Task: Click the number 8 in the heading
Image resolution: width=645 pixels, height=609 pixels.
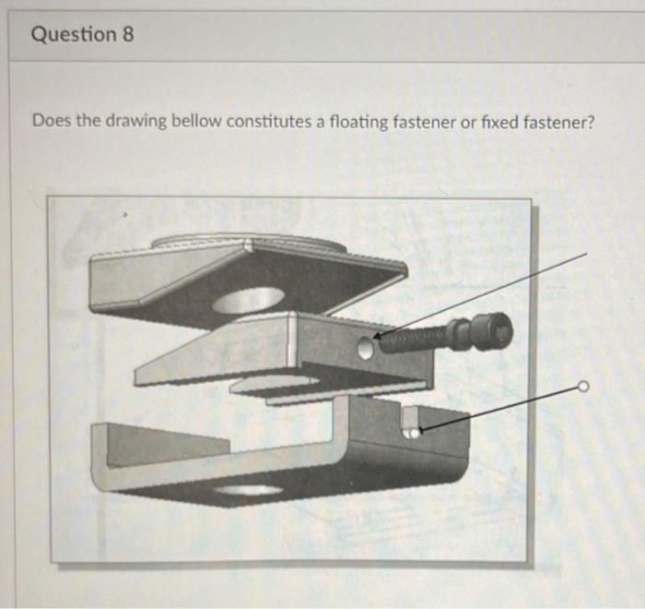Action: (x=127, y=35)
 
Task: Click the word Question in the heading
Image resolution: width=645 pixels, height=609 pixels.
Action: (x=73, y=35)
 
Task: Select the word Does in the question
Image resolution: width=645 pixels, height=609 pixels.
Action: (x=51, y=122)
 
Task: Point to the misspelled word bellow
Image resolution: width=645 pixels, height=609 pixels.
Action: (x=196, y=122)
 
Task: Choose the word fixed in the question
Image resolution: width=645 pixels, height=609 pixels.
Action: (x=499, y=122)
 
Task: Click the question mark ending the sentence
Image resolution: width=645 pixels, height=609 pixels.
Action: (x=586, y=122)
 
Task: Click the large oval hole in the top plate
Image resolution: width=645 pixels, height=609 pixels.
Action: (x=248, y=300)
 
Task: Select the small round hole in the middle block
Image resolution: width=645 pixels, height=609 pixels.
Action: (x=365, y=347)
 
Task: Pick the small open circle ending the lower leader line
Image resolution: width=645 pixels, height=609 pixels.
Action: (x=581, y=387)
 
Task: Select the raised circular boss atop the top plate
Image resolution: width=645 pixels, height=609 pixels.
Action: (x=249, y=243)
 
